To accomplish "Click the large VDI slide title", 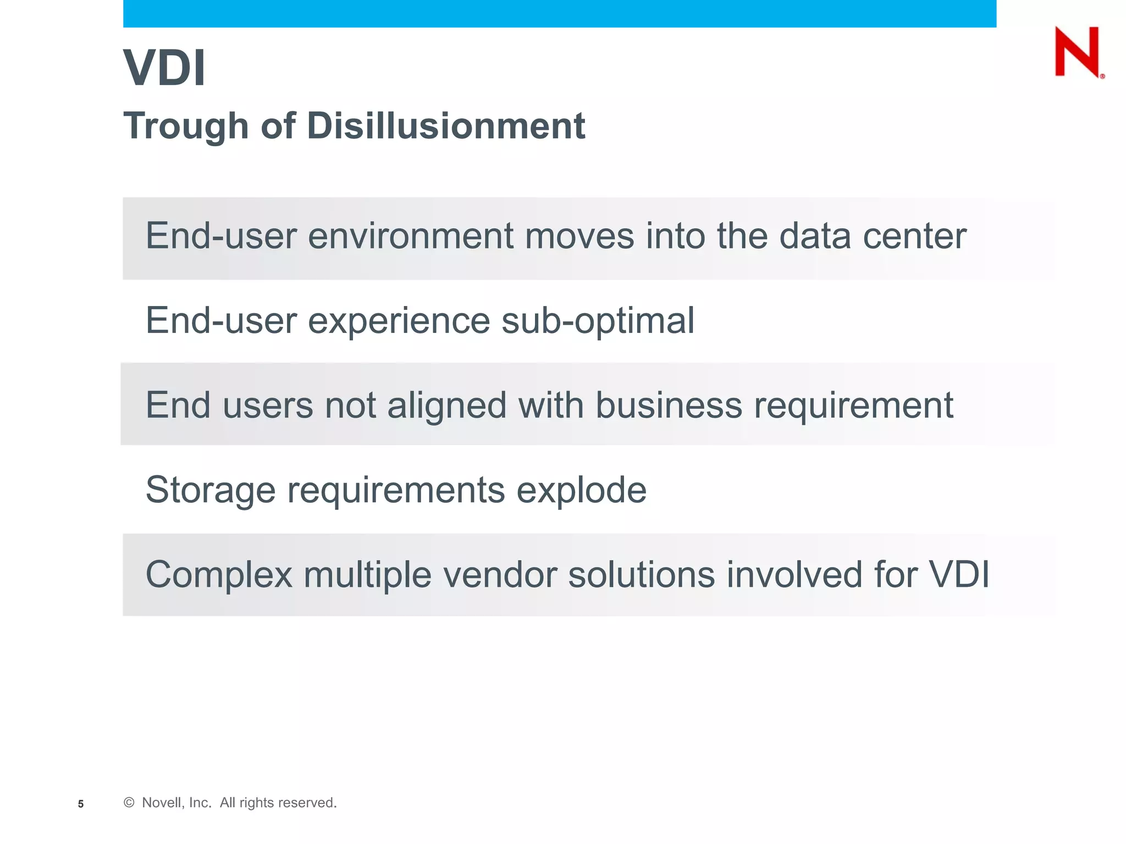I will [x=164, y=68].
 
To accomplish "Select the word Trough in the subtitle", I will [x=186, y=126].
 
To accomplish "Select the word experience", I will [x=399, y=321].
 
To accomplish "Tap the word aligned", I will [x=446, y=406].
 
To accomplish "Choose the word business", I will [x=669, y=405].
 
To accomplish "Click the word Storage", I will [x=210, y=491].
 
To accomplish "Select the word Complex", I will [x=219, y=575].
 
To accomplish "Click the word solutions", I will [x=641, y=575].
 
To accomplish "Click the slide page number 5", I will [x=81, y=804].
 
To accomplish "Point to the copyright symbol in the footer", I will [x=129, y=803].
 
